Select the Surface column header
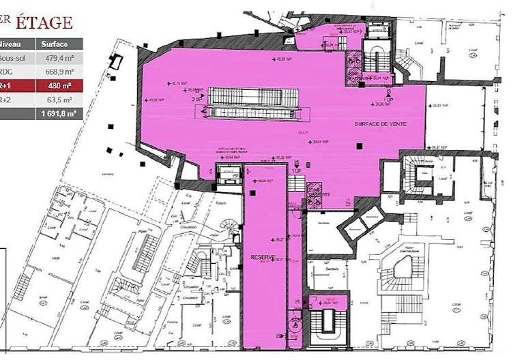click(54, 44)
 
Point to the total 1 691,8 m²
click(58, 114)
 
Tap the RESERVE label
click(263, 257)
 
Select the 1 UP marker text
click(388, 100)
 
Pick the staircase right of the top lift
click(376, 51)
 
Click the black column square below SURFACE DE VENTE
click(360, 144)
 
